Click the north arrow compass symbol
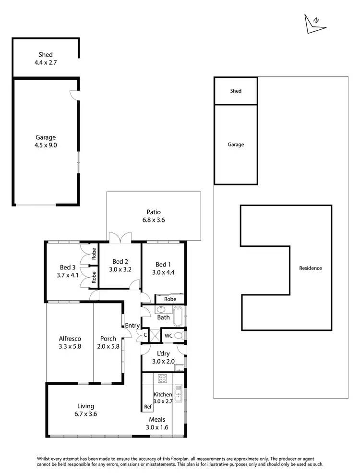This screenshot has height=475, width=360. pyautogui.click(x=312, y=24)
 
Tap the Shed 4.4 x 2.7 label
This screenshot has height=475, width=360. pyautogui.click(x=46, y=59)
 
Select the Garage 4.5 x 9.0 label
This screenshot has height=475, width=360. pyautogui.click(x=46, y=141)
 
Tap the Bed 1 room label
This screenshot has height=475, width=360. pyautogui.click(x=163, y=268)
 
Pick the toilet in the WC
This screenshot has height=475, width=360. pyautogui.click(x=179, y=335)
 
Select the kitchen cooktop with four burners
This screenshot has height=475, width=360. pyautogui.click(x=162, y=378)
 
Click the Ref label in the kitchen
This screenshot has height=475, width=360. pyautogui.click(x=147, y=407)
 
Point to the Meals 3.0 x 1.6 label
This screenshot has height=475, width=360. pyautogui.click(x=157, y=423)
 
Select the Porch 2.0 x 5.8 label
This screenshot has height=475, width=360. pyautogui.click(x=108, y=342)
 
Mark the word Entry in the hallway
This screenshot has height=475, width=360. pyautogui.click(x=132, y=326)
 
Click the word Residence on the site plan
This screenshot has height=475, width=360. pyautogui.click(x=310, y=268)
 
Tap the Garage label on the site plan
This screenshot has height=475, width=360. pyautogui.click(x=236, y=145)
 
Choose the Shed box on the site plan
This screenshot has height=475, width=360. pyautogui.click(x=236, y=91)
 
